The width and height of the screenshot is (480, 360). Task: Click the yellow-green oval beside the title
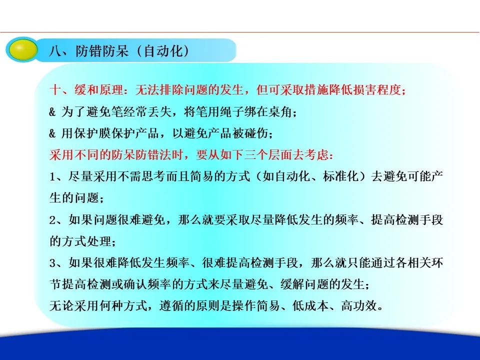[x=22, y=49]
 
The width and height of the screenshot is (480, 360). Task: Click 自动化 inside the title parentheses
[x=162, y=51]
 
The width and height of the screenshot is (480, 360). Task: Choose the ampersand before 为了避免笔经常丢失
[x=52, y=112]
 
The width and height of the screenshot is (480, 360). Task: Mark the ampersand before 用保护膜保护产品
[x=52, y=133]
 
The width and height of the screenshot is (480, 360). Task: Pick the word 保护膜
[x=92, y=133]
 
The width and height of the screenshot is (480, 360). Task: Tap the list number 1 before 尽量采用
[x=52, y=177]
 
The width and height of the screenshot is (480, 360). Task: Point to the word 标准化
[x=340, y=176]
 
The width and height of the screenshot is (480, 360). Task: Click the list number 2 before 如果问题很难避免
[x=52, y=220]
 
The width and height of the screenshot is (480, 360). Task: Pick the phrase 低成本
[x=310, y=306]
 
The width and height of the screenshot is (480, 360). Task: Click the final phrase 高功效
[x=359, y=306]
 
